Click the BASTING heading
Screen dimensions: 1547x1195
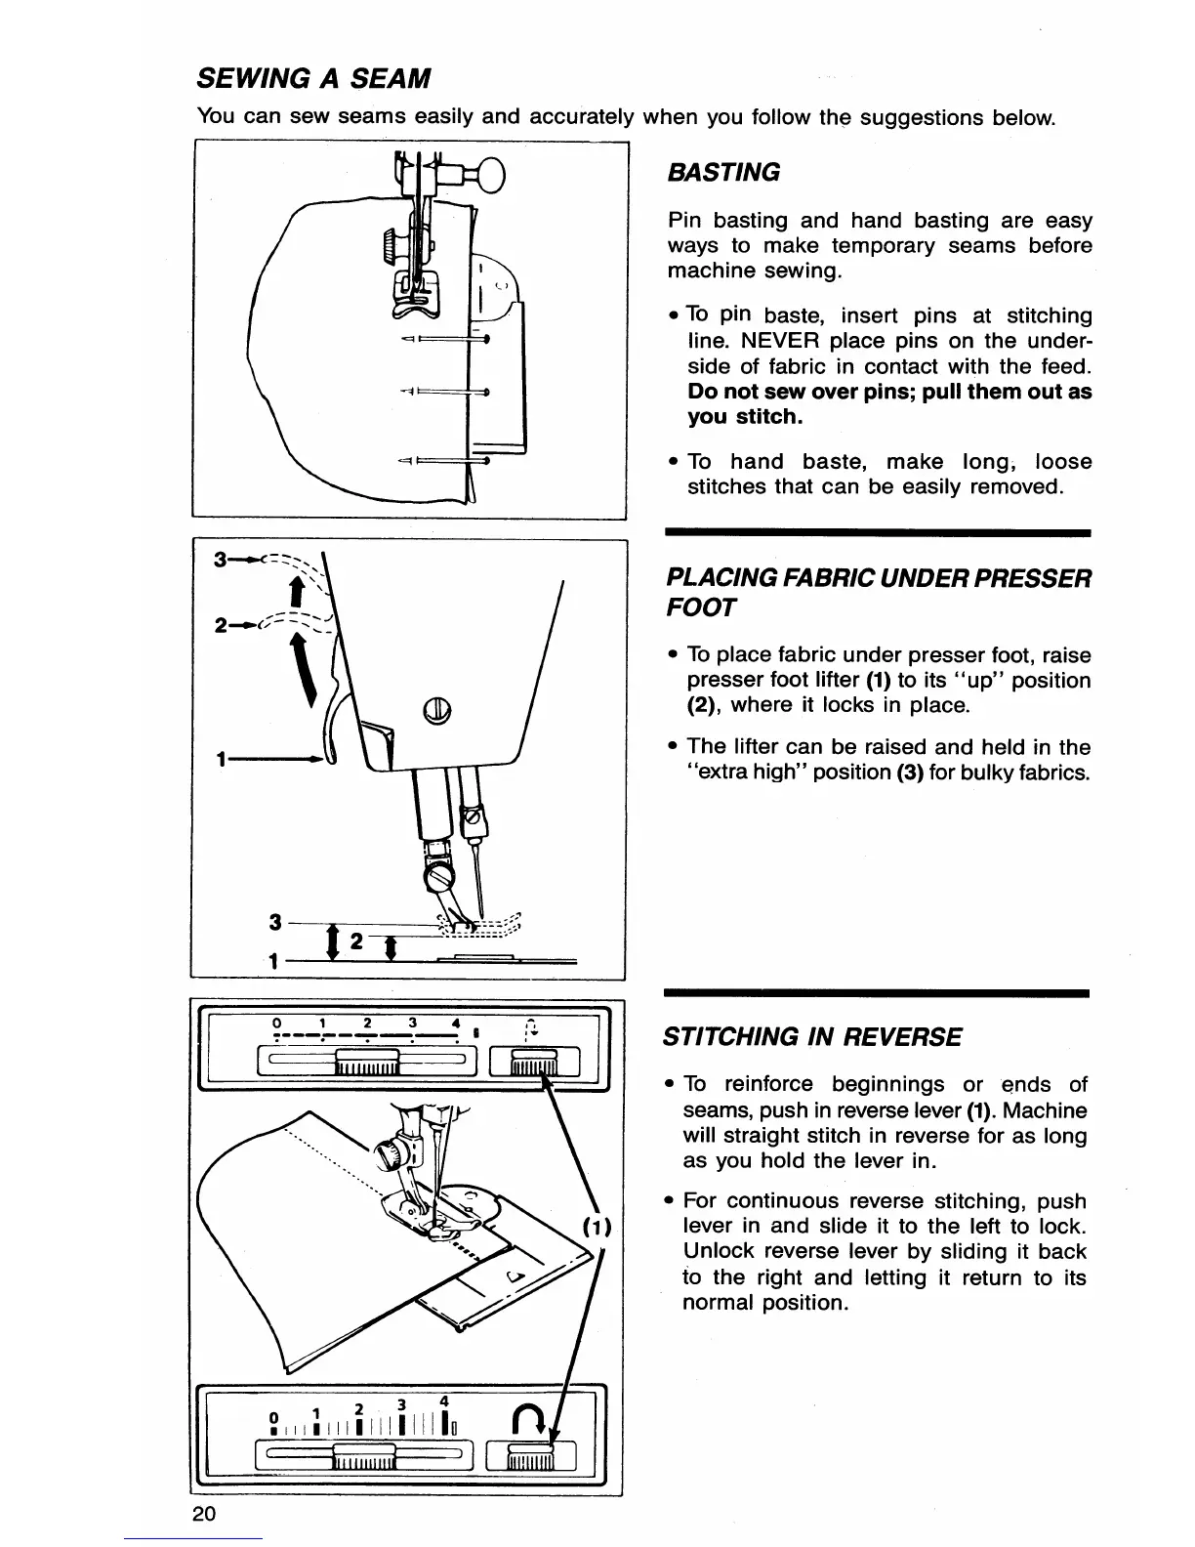tap(723, 173)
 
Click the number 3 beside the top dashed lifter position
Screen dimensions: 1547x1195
tap(220, 560)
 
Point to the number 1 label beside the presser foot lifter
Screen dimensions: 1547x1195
tap(224, 759)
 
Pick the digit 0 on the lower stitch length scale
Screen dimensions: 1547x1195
tap(275, 1417)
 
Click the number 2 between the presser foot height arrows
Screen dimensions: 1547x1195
tap(356, 941)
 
